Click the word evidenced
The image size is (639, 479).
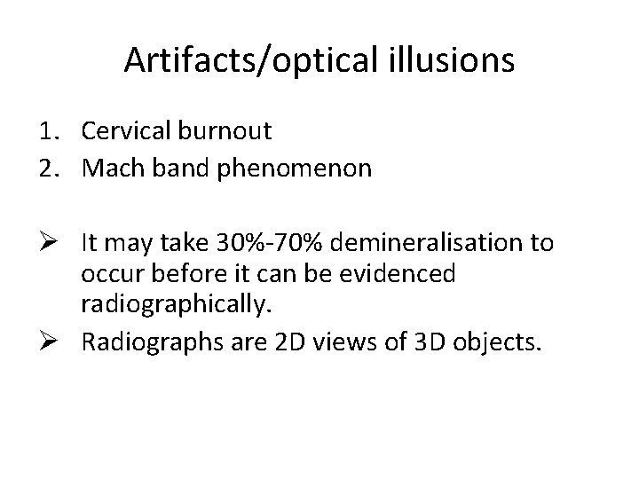tap(398, 273)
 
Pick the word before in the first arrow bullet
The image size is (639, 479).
tap(177, 273)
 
